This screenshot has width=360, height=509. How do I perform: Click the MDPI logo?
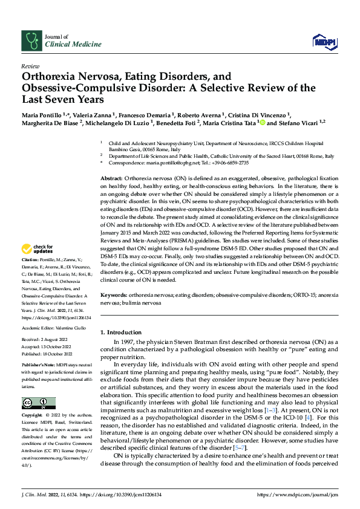[324, 41]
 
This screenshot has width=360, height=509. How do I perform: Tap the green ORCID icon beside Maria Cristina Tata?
[263, 122]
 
